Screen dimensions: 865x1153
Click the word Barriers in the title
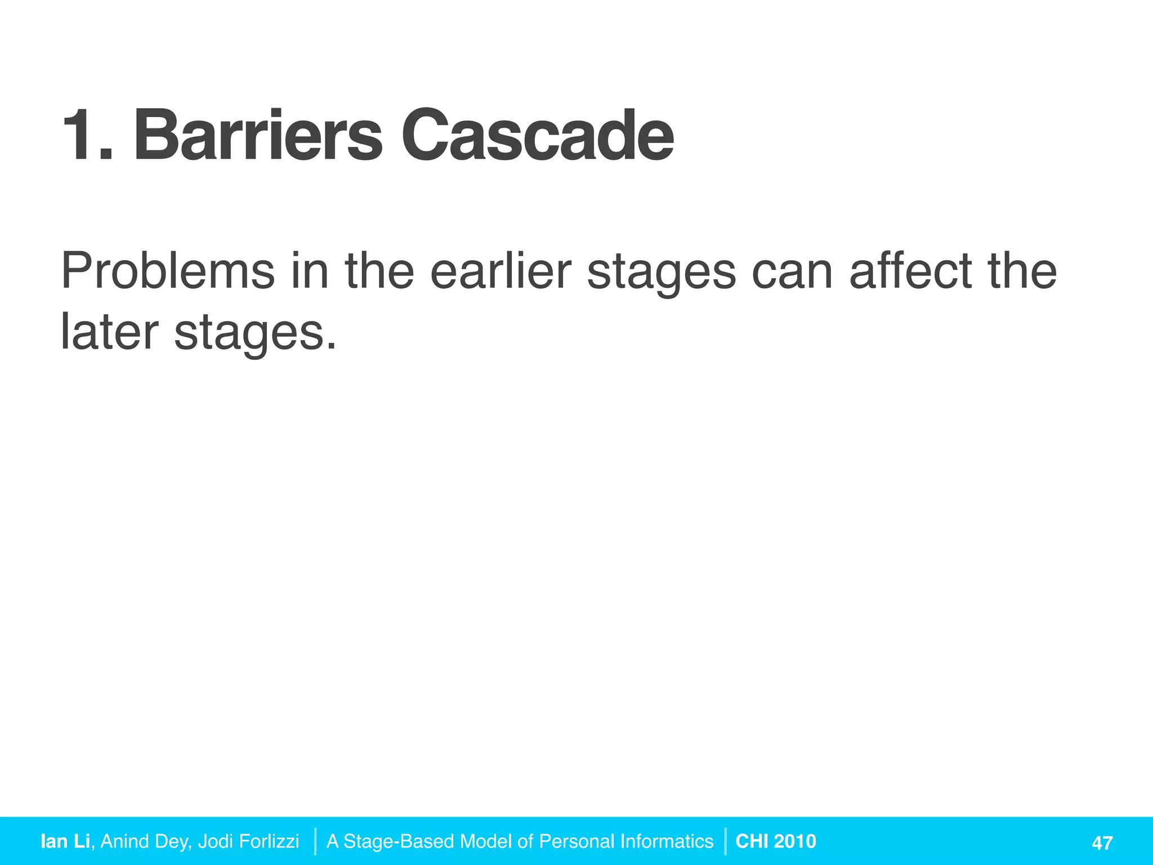tap(258, 136)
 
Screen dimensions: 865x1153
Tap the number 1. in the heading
tap(87, 136)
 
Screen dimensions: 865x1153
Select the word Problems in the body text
tap(167, 271)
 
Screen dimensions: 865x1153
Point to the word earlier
tap(500, 271)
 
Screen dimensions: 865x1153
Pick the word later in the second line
tap(109, 332)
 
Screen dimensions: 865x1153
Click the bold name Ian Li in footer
tap(65, 841)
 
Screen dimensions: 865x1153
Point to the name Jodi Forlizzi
tap(248, 841)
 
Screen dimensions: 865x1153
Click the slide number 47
tap(1102, 842)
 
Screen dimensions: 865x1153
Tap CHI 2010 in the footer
tap(775, 841)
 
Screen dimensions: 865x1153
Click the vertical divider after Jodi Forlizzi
tap(315, 841)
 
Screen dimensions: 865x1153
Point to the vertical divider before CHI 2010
tap(725, 841)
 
